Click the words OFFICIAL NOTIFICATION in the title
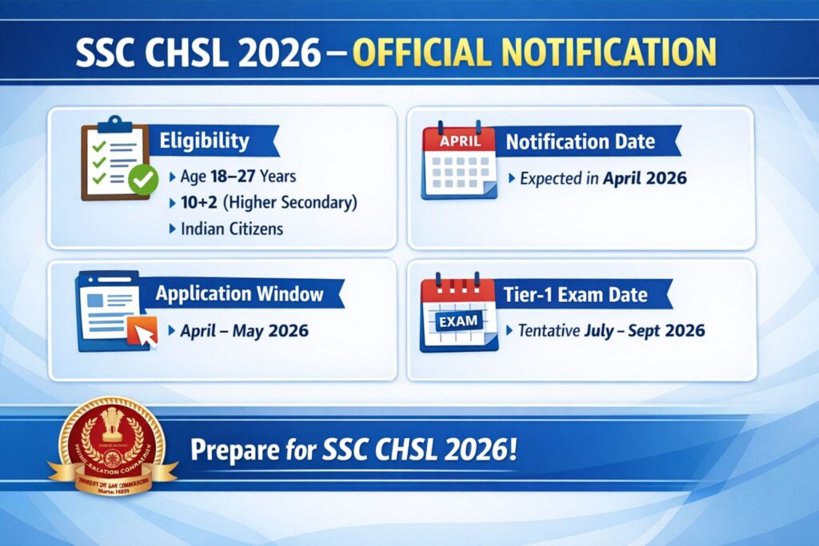533,52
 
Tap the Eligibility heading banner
205,141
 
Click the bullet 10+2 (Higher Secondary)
263,202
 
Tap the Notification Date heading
580,142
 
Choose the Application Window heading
240,293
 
